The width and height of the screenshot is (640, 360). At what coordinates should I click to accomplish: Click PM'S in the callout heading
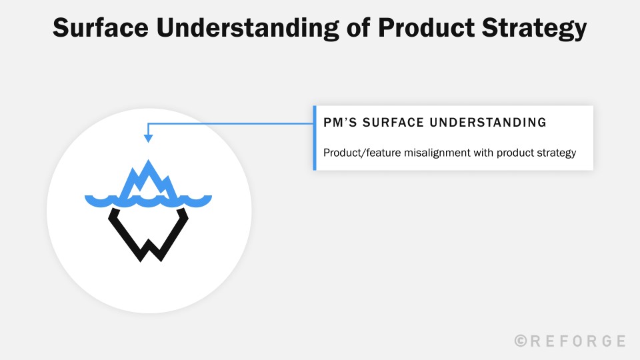[x=339, y=123]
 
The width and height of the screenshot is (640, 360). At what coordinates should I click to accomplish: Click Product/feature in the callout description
[x=359, y=153]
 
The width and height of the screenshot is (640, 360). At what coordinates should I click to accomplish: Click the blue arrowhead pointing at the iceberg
[x=148, y=139]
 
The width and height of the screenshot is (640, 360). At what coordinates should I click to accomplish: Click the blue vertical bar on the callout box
[x=314, y=138]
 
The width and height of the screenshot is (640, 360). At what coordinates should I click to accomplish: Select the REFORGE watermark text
[x=578, y=341]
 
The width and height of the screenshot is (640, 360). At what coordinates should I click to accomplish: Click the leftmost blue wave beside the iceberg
[x=97, y=199]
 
